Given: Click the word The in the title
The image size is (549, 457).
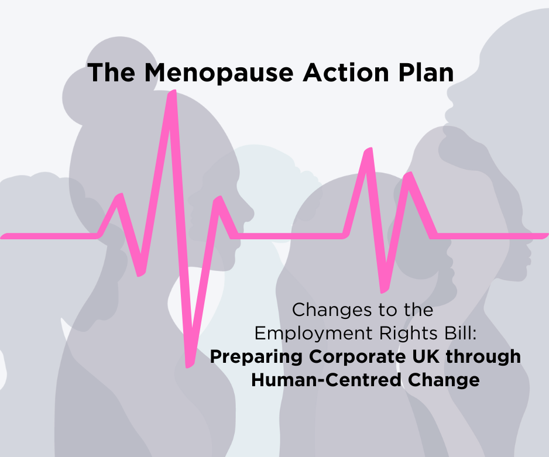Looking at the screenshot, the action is (112, 73).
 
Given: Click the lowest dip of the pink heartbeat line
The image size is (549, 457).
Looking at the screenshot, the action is (188, 365).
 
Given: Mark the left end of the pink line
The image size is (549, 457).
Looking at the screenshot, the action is (4, 236).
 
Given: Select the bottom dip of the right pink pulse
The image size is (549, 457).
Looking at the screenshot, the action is (383, 290).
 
